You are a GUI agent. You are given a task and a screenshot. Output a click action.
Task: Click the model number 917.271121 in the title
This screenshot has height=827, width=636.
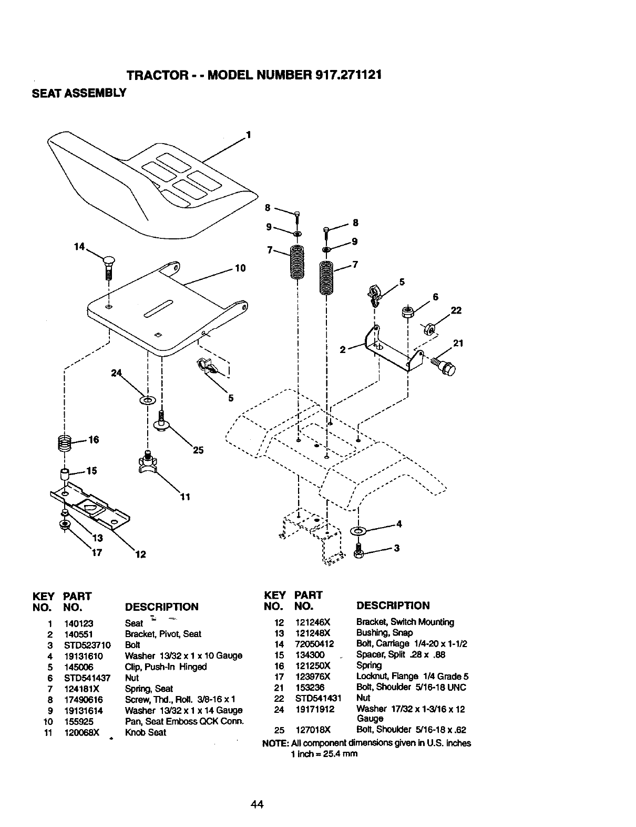(x=348, y=75)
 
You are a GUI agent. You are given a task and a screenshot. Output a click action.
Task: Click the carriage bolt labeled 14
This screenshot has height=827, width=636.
(x=109, y=269)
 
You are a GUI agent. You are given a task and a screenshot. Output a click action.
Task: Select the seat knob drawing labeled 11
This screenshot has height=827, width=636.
(x=148, y=462)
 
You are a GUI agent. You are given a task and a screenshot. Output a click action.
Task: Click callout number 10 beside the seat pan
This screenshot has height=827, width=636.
(x=240, y=269)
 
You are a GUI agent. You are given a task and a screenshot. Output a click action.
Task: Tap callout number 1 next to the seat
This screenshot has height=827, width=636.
(x=249, y=134)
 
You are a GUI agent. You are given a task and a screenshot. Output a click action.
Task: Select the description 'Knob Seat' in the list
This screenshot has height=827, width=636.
(x=146, y=732)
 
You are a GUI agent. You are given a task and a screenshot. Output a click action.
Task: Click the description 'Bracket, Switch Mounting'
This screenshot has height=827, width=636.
(x=405, y=622)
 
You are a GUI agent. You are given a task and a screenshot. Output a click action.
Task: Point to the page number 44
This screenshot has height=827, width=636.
(x=257, y=804)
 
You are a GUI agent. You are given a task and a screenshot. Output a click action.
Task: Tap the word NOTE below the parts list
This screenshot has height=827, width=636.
(x=273, y=743)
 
